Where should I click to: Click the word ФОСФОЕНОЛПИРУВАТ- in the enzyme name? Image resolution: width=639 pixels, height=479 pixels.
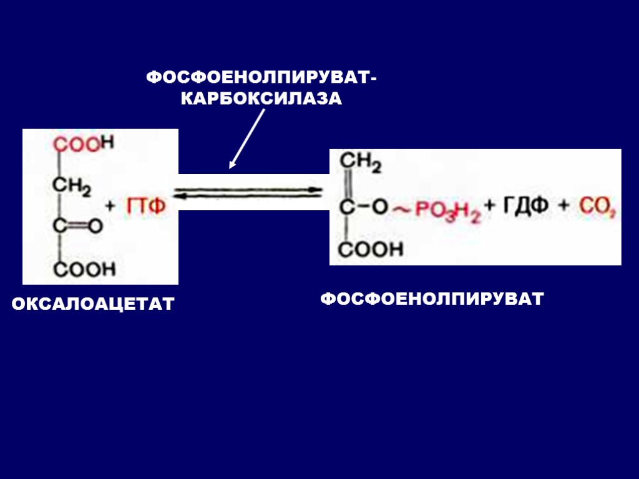pos(261,78)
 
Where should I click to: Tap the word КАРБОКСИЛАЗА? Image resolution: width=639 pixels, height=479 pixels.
pos(261,99)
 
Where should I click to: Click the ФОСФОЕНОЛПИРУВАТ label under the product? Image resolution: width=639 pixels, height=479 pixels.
pos(432,299)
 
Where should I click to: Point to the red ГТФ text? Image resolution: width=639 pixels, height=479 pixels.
pos(147,207)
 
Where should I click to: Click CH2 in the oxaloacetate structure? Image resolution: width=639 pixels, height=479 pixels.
pos(72,186)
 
